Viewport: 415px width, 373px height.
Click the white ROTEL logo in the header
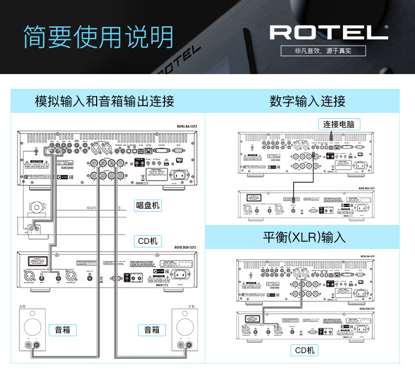coord(329,33)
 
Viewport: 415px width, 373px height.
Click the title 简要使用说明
coord(98,37)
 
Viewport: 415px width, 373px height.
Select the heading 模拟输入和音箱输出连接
coord(105,101)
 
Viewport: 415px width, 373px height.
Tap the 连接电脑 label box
coord(339,125)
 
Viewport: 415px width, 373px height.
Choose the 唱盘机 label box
coord(147,205)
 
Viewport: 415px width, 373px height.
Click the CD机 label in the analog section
coord(147,242)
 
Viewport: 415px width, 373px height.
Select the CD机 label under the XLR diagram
coord(305,350)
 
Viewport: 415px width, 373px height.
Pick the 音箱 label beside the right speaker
coord(152,330)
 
